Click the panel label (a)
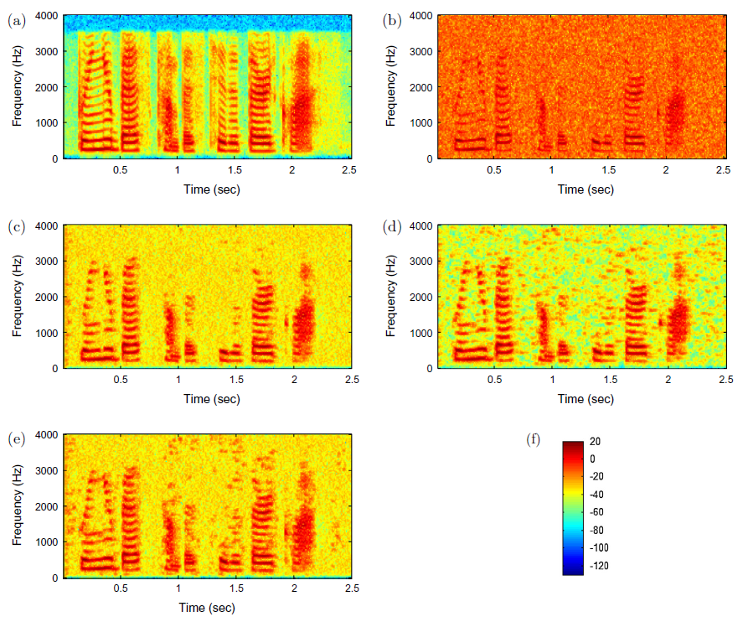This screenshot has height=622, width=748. [16, 21]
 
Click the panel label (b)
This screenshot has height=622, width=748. [391, 21]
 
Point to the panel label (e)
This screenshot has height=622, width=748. [16, 438]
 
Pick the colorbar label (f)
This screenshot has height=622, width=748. [534, 438]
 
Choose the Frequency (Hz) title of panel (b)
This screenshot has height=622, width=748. [392, 87]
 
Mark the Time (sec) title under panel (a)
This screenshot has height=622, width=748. [211, 189]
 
